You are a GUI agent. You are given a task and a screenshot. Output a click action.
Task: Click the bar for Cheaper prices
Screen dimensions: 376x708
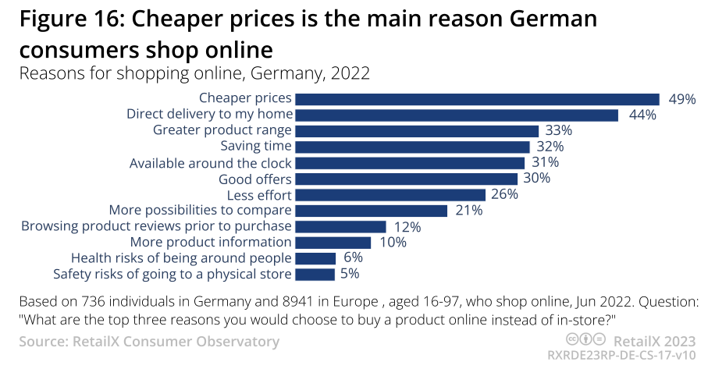pos(478,98)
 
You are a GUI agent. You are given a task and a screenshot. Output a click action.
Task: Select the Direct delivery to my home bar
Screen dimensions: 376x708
pos(457,115)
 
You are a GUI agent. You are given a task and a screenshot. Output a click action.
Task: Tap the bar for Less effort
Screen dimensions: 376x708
pos(390,194)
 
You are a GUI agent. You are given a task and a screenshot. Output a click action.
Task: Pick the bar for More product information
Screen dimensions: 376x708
pos(333,243)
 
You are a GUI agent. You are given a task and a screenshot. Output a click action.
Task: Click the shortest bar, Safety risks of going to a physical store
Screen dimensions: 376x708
pos(315,275)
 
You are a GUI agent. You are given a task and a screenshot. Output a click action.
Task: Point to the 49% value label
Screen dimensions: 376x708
pos(681,99)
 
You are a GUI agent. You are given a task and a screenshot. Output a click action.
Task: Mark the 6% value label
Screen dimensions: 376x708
pos(353,258)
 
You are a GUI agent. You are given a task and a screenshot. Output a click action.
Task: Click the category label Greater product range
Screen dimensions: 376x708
pos(222,130)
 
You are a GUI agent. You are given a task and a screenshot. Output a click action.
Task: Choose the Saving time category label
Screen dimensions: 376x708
pos(256,147)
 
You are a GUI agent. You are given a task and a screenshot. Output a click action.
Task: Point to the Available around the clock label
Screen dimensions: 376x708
pos(211,163)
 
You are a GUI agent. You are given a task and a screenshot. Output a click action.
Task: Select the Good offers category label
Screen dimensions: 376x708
pos(255,179)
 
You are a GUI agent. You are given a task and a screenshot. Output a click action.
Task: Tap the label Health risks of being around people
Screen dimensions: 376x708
pos(181,258)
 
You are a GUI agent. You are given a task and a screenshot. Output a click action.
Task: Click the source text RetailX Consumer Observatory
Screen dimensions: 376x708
pos(176,342)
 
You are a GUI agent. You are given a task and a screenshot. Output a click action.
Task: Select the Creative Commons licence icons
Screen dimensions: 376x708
pos(585,340)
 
